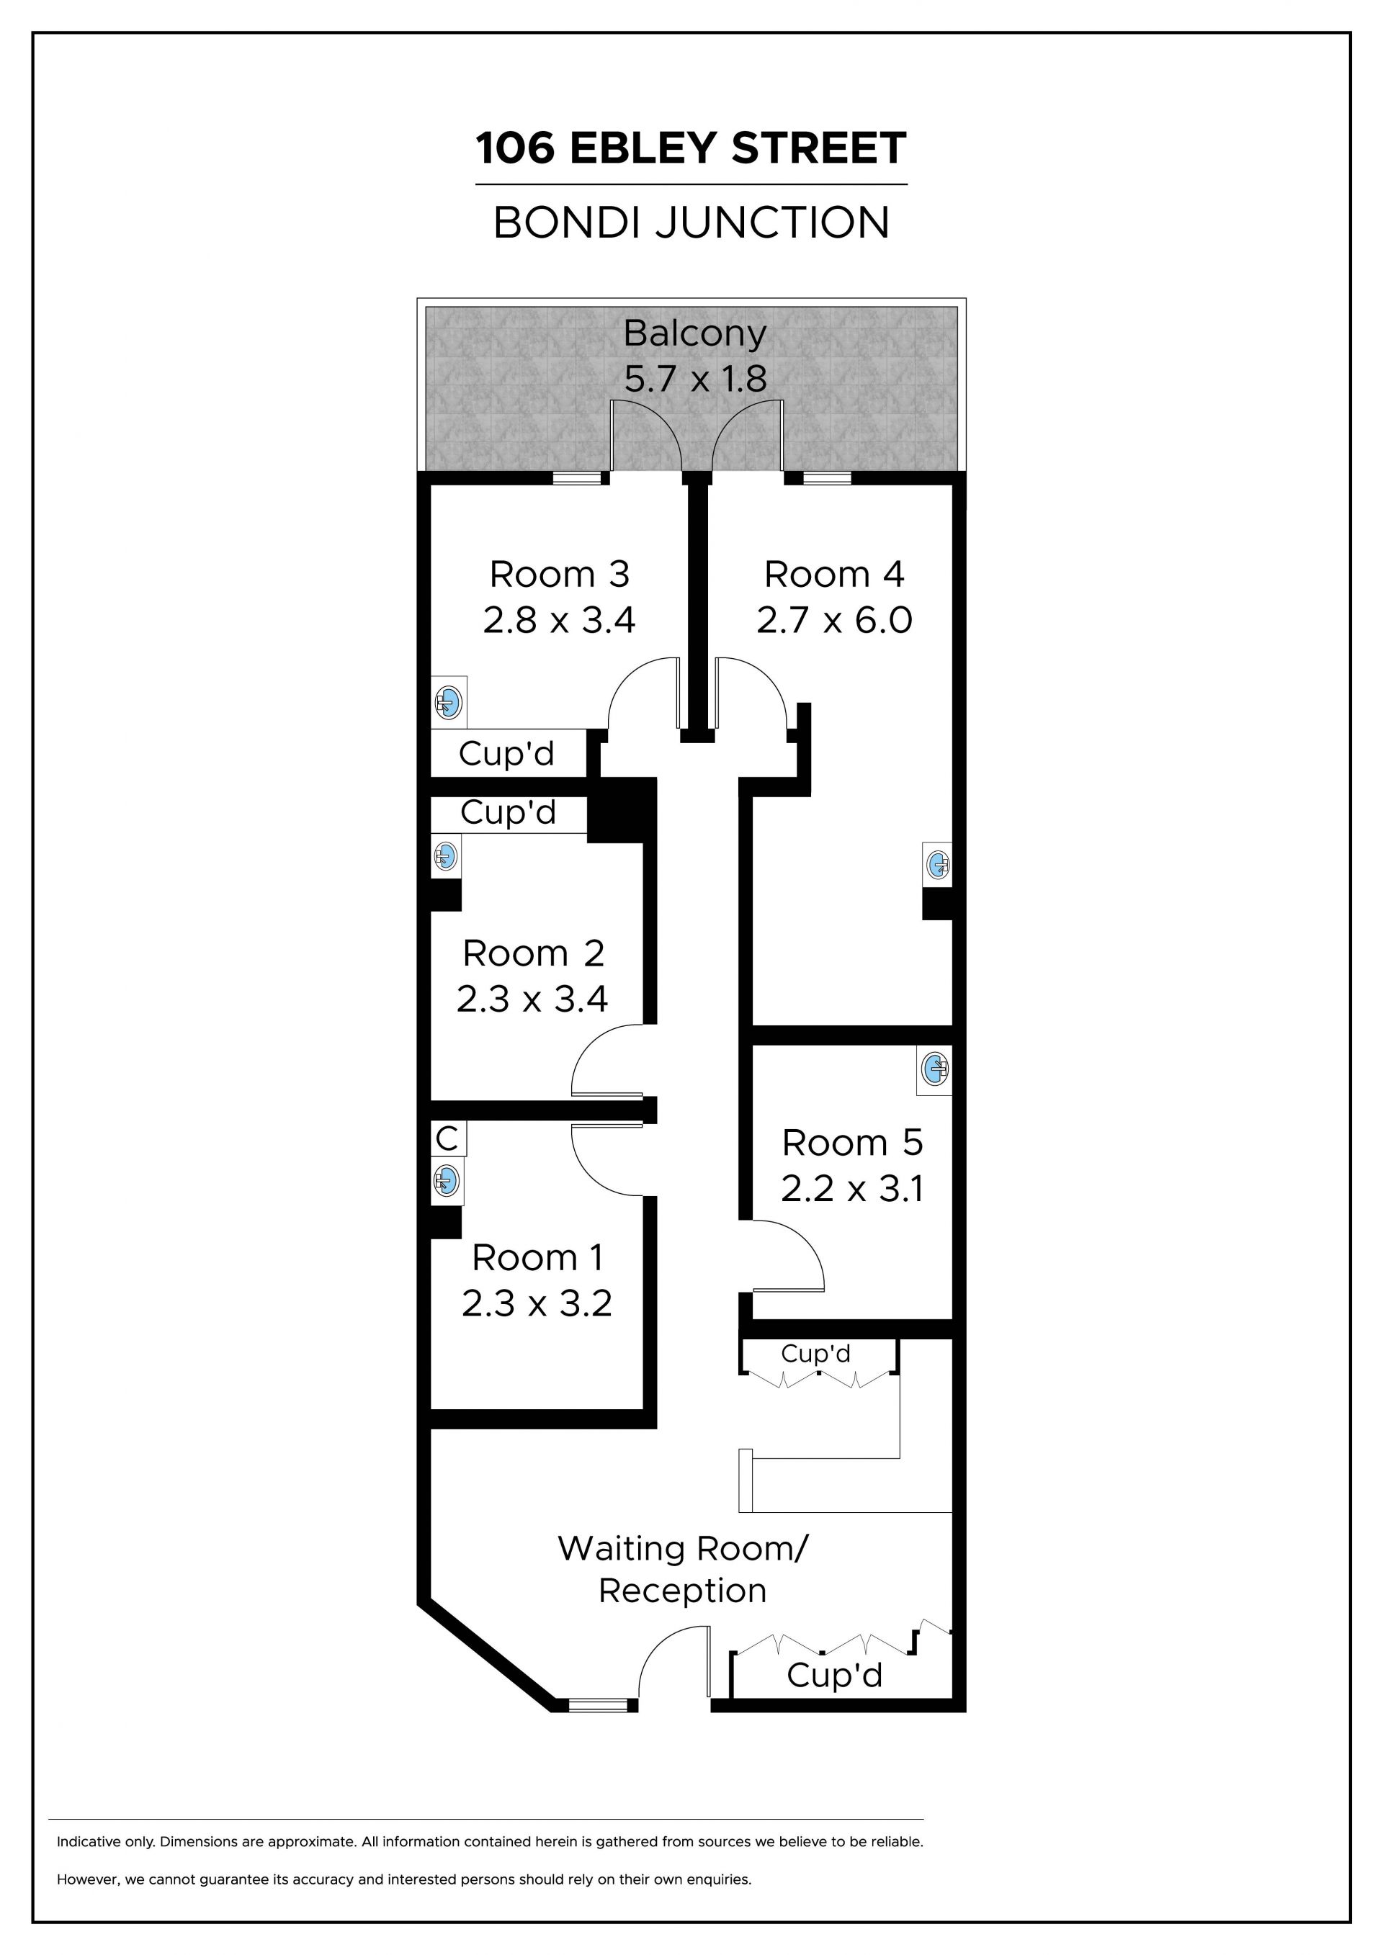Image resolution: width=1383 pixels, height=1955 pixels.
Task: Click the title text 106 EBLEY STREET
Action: pos(691,148)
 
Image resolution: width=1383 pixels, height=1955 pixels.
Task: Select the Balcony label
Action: pos(695,334)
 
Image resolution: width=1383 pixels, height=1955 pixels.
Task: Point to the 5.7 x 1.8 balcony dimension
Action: pos(695,379)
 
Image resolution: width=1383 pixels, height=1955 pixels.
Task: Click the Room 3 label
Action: pos(560,575)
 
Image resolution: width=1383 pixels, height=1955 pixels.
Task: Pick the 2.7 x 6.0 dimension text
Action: pos(835,620)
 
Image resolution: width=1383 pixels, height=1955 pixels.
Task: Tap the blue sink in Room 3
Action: pos(449,704)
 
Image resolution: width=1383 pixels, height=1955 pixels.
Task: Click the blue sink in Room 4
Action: pos(938,864)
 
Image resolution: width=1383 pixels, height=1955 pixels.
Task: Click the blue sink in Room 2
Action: pos(445,855)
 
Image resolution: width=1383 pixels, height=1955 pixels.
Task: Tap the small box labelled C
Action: pos(448,1138)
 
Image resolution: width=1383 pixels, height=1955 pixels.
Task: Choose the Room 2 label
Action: pos(533,953)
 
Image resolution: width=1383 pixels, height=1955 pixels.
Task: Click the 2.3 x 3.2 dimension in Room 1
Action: pos(537,1303)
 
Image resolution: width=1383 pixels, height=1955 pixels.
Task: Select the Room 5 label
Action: pos(852,1143)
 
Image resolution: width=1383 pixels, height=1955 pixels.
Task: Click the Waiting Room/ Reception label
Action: pos(682,1569)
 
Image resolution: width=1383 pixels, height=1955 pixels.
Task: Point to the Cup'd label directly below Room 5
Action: pos(816,1353)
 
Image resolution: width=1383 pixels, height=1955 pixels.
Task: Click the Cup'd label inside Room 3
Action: pos(506,754)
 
